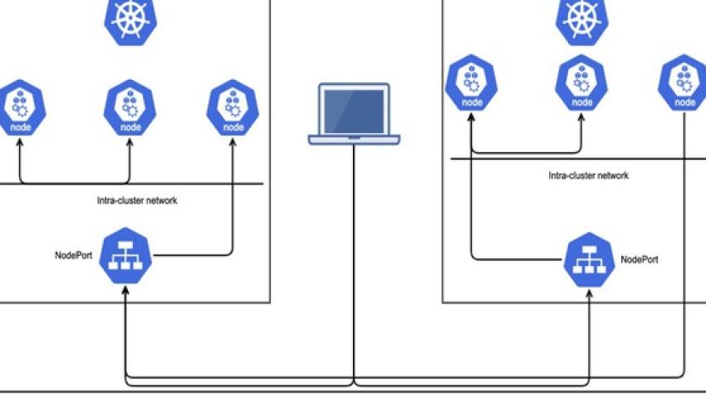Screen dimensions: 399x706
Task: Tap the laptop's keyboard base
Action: (x=354, y=139)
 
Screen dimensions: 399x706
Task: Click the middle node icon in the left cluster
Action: (x=130, y=106)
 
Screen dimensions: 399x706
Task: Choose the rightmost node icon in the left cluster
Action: (x=233, y=106)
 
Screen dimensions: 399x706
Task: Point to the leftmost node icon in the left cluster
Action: (x=19, y=106)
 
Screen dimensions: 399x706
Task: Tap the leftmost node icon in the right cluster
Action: (x=472, y=82)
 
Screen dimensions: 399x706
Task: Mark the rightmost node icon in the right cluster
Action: (x=684, y=82)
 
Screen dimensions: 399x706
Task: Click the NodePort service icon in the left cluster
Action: (x=125, y=257)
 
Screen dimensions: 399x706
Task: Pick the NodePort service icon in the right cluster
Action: (x=590, y=260)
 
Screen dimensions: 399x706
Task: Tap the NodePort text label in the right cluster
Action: (x=640, y=259)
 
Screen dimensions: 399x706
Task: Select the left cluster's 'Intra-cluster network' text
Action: (x=137, y=200)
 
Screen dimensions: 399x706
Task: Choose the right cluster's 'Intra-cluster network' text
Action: (x=588, y=175)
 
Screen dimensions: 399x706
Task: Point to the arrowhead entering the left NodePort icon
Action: (x=125, y=291)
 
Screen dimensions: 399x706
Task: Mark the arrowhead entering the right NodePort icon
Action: (x=590, y=293)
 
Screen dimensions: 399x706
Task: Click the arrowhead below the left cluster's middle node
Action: (x=130, y=143)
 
